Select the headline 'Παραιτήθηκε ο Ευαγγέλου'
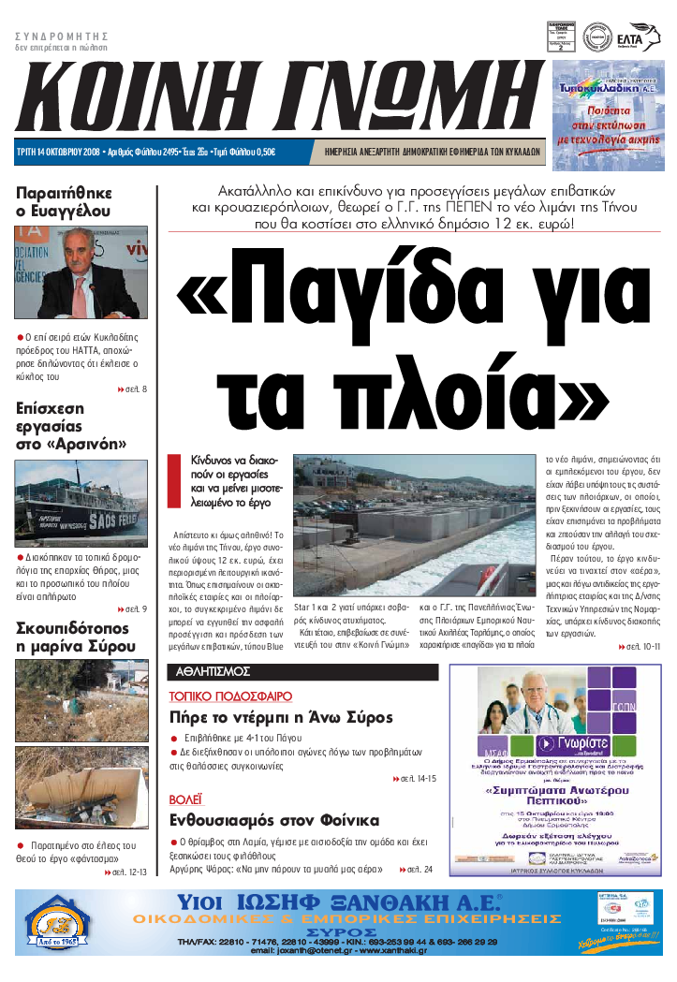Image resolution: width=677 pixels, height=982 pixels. (64, 202)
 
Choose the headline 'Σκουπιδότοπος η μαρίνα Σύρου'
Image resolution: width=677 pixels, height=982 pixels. (72, 637)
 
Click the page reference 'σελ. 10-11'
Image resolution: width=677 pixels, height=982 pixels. (641, 647)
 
